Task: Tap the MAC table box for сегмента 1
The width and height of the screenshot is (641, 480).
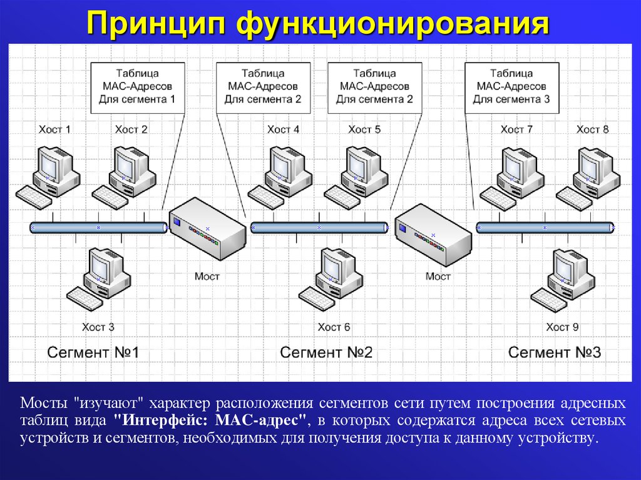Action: point(138,88)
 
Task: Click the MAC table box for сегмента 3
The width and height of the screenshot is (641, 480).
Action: point(511,88)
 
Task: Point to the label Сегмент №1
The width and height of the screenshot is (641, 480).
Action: point(93,352)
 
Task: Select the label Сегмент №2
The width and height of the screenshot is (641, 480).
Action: point(326,352)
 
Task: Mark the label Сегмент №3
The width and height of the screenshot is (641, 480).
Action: point(555,352)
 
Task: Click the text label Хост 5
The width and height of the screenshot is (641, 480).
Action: point(364,130)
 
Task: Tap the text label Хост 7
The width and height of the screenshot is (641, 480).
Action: point(516,130)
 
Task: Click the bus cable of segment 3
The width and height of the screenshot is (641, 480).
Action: point(545,227)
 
